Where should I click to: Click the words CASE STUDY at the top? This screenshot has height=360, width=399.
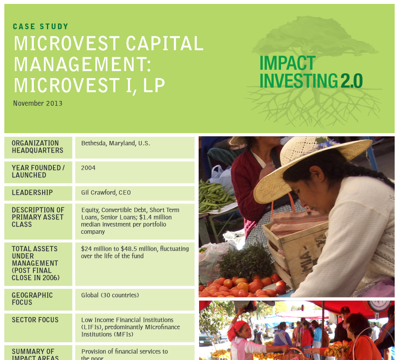pyautogui.click(x=41, y=26)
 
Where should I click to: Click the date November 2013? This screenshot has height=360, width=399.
pyautogui.click(x=38, y=103)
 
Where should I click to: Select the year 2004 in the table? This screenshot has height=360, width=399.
pyautogui.click(x=88, y=168)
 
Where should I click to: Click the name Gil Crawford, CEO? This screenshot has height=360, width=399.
pyautogui.click(x=106, y=193)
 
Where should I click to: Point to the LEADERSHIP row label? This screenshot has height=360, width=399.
pyautogui.click(x=33, y=193)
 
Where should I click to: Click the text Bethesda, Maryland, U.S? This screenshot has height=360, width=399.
pyautogui.click(x=115, y=143)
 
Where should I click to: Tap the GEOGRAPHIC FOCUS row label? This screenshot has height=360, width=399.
pyautogui.click(x=33, y=299)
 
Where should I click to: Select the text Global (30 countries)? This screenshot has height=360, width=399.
pyautogui.click(x=110, y=295)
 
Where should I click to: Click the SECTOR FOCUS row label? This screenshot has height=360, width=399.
pyautogui.click(x=35, y=320)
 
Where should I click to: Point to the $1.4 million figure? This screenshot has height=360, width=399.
pyautogui.click(x=155, y=217)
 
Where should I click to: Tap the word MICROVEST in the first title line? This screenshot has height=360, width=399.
pyautogui.click(x=67, y=43)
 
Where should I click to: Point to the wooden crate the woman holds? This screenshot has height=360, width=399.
pyautogui.click(x=295, y=252)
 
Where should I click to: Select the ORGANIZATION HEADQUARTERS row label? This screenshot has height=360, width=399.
pyautogui.click(x=37, y=147)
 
